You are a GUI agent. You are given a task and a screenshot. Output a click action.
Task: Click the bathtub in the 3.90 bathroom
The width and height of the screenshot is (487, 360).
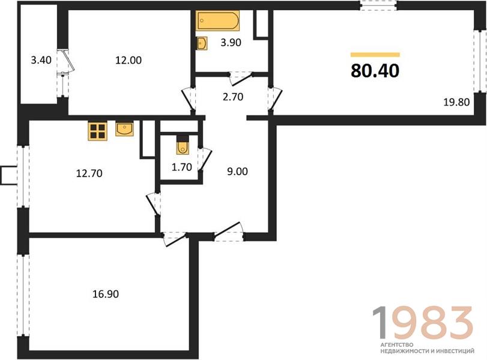[217, 20]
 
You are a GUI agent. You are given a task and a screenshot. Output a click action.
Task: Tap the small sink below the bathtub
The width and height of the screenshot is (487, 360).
[202, 43]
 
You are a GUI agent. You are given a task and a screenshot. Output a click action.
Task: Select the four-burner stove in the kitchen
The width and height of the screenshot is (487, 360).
[97, 131]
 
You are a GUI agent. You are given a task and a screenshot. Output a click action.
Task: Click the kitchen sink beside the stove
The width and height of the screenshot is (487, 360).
[124, 129]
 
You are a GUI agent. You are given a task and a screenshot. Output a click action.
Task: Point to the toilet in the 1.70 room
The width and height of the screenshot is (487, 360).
[183, 148]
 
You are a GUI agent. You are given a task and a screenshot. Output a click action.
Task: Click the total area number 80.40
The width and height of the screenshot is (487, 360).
[375, 71]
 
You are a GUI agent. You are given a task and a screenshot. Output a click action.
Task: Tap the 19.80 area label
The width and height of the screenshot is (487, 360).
[456, 102]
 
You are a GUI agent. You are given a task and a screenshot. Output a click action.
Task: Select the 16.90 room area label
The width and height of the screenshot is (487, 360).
[106, 293]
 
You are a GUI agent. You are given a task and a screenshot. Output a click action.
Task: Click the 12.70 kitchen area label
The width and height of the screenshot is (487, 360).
[89, 173]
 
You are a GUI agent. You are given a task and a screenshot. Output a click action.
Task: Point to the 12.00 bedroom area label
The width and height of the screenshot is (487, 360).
[129, 60]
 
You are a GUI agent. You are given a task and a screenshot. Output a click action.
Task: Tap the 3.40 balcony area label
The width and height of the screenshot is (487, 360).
[41, 59]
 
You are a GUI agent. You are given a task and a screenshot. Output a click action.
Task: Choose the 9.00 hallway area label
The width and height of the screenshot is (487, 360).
[237, 172]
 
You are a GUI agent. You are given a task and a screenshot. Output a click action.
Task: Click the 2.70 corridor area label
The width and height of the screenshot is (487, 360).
[233, 97]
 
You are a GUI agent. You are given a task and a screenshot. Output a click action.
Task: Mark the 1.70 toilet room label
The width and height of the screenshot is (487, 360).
[182, 167]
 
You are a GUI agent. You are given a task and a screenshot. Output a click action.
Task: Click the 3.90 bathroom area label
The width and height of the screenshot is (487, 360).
[231, 43]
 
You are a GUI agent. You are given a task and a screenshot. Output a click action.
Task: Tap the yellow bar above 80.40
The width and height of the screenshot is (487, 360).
[375, 55]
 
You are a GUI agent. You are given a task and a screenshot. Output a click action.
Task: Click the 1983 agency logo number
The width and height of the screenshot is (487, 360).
[423, 322]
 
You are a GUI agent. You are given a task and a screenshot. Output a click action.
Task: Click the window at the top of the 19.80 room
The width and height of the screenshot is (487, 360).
[378, 5]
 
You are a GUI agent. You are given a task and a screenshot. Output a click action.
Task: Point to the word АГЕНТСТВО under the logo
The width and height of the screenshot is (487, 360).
[397, 345]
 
